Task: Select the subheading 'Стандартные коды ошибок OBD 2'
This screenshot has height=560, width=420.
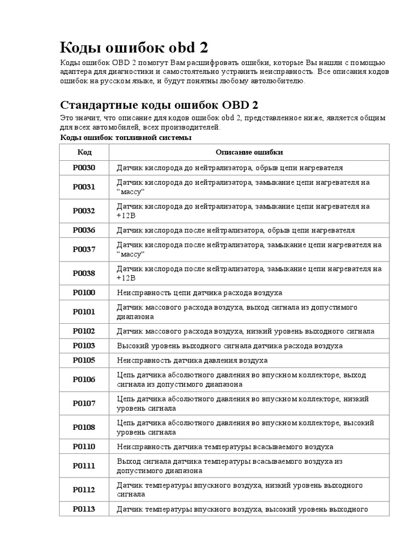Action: (159, 104)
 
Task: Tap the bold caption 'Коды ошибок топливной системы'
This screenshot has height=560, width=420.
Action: (125, 137)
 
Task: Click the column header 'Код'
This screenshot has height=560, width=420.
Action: (84, 152)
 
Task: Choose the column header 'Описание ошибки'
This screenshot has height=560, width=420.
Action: (249, 152)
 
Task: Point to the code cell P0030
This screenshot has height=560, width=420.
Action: (84, 167)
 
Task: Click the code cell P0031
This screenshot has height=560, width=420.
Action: (84, 186)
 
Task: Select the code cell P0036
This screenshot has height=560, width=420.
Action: (84, 230)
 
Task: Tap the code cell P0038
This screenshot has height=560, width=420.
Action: (84, 273)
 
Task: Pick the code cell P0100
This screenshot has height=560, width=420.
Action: (84, 293)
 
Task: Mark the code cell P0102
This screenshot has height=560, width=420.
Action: (84, 331)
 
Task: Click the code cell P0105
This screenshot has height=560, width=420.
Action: (84, 360)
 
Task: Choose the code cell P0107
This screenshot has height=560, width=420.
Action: (84, 404)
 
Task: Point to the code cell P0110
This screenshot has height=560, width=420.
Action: (84, 447)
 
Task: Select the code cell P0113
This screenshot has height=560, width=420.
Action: (84, 509)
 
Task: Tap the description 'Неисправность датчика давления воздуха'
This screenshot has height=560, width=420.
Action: (192, 360)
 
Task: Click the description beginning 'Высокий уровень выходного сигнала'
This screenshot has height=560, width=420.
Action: (230, 346)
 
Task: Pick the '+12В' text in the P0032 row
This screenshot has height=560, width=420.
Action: (126, 215)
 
